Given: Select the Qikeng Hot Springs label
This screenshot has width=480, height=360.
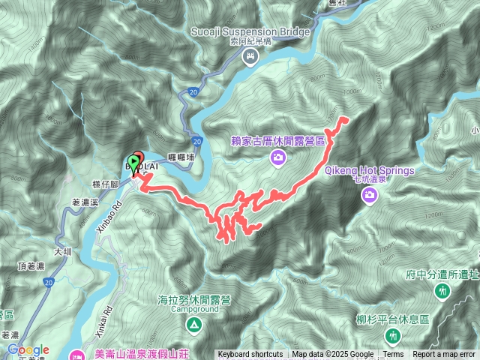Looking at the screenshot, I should [x=370, y=170].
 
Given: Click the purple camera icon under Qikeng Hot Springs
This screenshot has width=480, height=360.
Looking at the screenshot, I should [x=369, y=196].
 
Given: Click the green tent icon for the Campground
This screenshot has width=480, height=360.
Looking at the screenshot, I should [x=193, y=325].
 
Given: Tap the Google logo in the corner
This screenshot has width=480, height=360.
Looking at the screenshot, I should [x=27, y=349].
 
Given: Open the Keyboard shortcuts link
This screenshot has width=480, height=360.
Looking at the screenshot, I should [x=250, y=355].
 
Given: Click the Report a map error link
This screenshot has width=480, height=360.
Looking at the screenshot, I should [x=443, y=355].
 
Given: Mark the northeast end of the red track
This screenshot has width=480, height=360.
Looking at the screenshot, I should [x=346, y=118].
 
